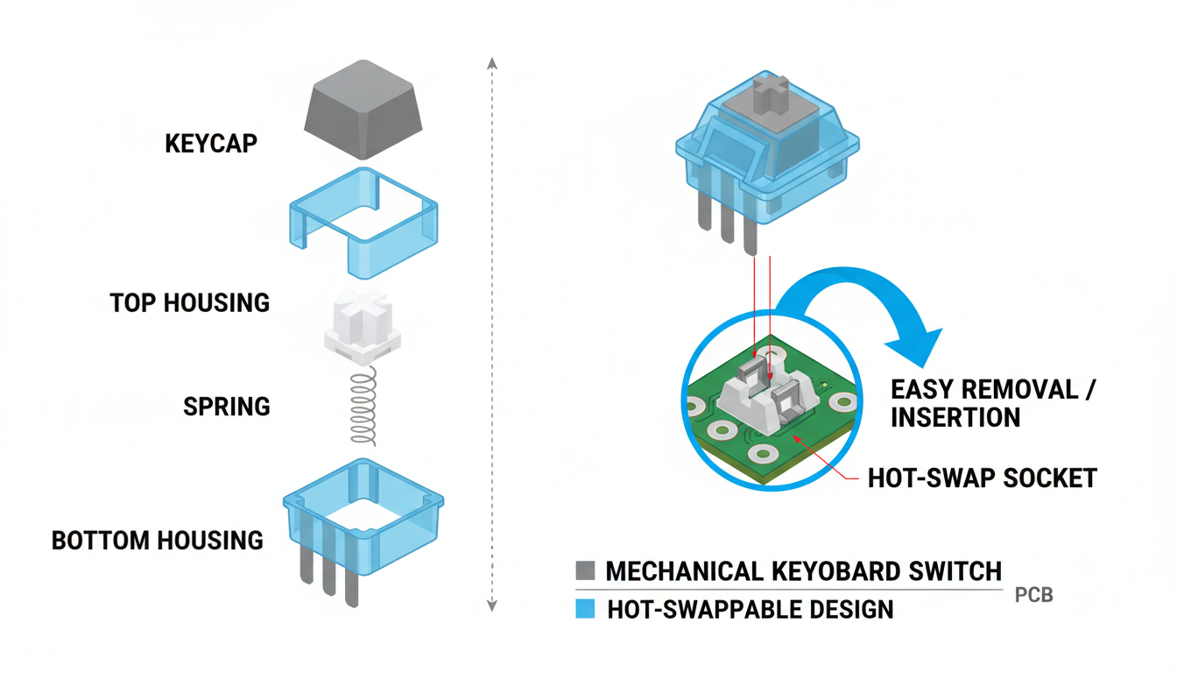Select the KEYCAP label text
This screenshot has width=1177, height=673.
211,144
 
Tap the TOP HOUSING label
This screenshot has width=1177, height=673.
190,303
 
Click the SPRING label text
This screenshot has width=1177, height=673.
227,407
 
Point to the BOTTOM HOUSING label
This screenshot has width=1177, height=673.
158,540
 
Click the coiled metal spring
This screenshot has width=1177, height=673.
364,407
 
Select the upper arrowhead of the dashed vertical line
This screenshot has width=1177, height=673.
492,63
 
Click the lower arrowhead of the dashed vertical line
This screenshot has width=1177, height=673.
492,604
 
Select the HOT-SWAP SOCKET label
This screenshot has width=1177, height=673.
982,478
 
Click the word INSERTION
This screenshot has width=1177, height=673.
955,417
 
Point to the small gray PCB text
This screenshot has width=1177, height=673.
1033,596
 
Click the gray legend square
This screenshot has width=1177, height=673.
585,571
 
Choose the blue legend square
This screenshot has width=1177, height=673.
585,609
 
